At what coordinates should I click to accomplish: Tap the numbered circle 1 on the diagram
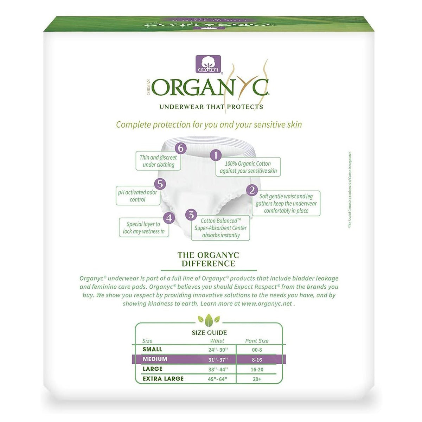tap(216, 155)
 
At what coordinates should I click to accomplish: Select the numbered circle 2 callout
tap(252, 190)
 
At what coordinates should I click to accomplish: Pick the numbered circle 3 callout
tap(191, 215)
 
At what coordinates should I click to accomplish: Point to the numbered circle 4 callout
tap(169, 218)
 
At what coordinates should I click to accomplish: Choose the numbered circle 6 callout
tap(180, 148)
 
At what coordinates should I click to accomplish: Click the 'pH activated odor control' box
tap(138, 196)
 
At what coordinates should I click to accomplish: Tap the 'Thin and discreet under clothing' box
tap(158, 161)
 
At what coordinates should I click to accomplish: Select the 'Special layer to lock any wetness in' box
tap(144, 228)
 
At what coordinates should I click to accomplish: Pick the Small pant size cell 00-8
tap(257, 350)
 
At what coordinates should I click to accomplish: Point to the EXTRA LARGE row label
tap(163, 379)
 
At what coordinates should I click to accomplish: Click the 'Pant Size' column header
tap(257, 341)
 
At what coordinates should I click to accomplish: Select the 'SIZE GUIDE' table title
tap(209, 332)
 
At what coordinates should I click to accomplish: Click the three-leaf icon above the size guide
tap(209, 319)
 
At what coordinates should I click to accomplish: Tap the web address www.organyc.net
tap(267, 303)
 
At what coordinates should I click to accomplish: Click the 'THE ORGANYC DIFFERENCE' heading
tap(208, 259)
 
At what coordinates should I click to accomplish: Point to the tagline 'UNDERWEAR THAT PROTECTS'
tap(211, 107)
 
